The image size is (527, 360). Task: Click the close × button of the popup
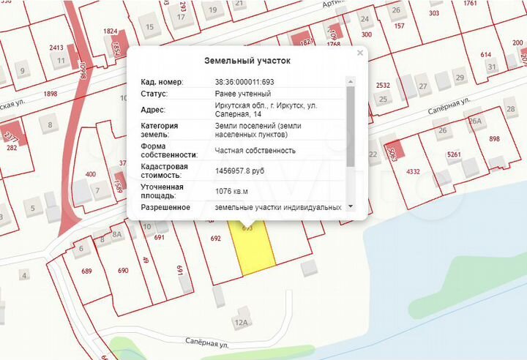click(x=359, y=53)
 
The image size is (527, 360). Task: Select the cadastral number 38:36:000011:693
click(x=244, y=81)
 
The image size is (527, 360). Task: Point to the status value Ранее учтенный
click(x=242, y=94)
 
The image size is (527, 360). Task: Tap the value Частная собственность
click(x=255, y=151)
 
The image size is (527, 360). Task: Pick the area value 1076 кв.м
click(x=231, y=192)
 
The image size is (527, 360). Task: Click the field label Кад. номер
click(x=162, y=81)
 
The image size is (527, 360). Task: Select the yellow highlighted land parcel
click(x=253, y=249)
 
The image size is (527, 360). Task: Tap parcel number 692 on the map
click(x=215, y=239)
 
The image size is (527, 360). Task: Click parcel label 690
click(x=123, y=271)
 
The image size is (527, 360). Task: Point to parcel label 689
click(x=86, y=271)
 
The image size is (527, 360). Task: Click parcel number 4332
click(x=413, y=172)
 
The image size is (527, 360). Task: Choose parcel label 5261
click(x=454, y=154)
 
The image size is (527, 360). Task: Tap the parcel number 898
click(x=494, y=139)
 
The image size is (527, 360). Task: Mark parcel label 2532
click(x=382, y=86)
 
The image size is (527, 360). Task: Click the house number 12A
click(x=242, y=322)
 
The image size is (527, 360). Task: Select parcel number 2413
click(x=56, y=48)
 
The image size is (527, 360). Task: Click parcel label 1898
click(x=51, y=94)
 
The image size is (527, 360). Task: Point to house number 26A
click(x=475, y=121)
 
